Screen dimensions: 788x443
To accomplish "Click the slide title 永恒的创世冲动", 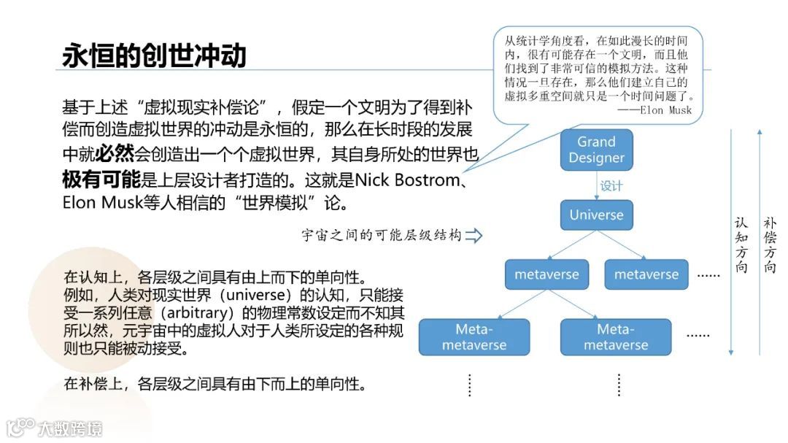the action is pos(154,55).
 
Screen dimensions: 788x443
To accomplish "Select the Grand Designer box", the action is pos(596,150).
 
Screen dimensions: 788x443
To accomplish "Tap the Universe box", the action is pos(596,215).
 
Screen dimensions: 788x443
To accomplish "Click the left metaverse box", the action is pos(546,274).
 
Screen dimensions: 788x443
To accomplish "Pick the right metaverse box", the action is pos(646,274).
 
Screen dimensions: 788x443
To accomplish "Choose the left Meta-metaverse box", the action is pos(474,337).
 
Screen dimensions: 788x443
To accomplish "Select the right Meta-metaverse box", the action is pos(615,337).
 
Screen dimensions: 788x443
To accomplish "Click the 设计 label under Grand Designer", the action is pos(611,185).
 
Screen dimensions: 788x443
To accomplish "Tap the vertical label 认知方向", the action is pos(741,244).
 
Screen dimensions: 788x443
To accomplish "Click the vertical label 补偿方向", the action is pos(770,244).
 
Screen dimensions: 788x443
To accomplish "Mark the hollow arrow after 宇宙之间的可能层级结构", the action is pos(474,236).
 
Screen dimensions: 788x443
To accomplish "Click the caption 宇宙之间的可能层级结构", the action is pos(382,236).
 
